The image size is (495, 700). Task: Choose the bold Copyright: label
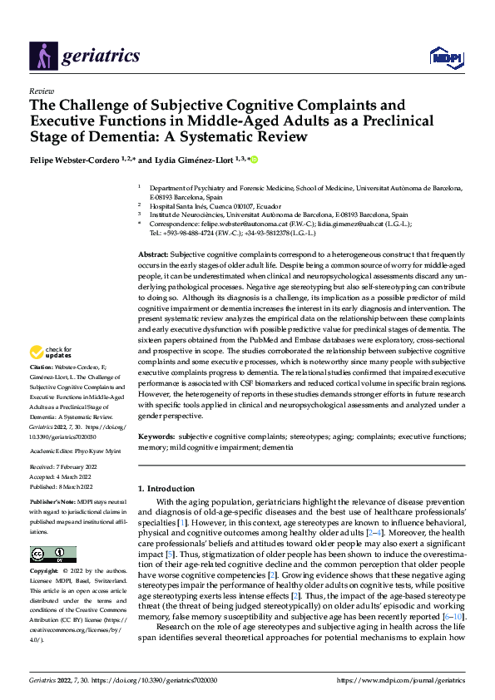(46, 572)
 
